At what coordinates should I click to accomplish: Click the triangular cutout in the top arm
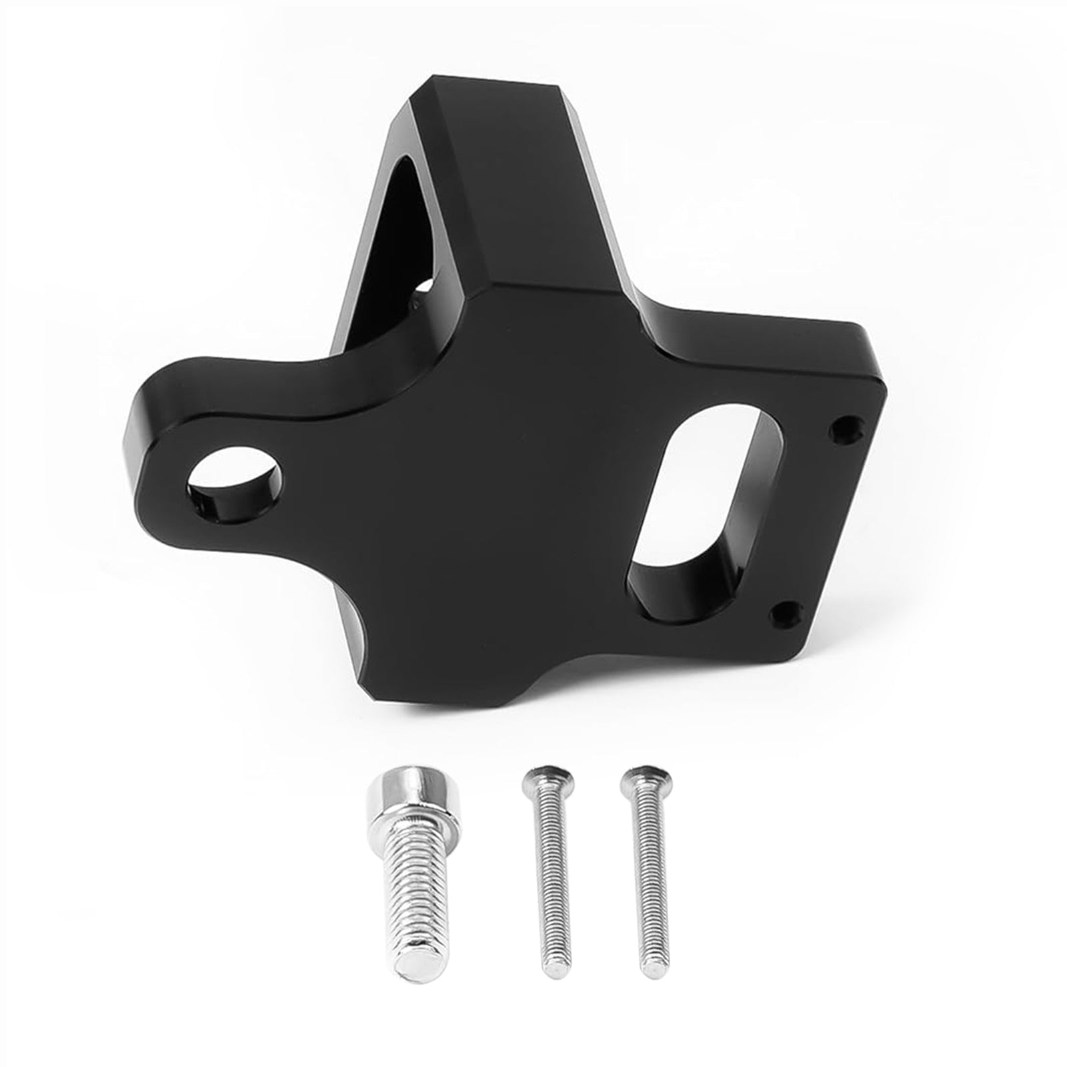403,220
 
